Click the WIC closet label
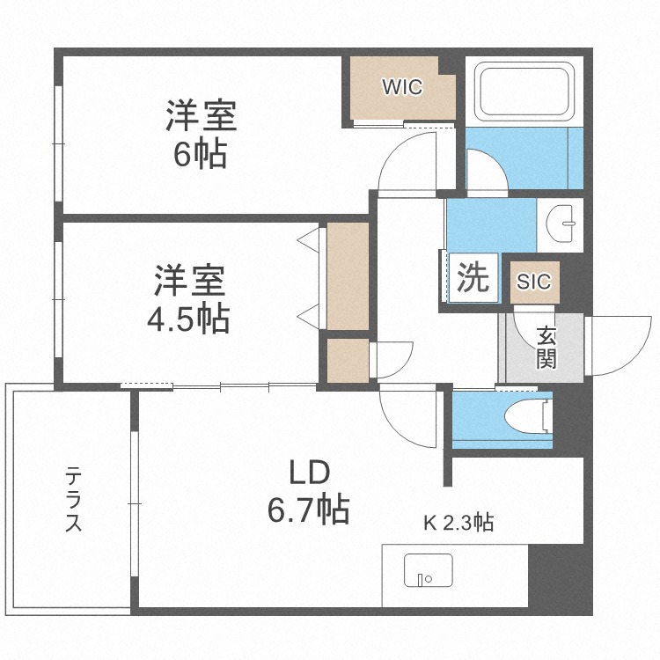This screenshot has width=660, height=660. [x=402, y=87]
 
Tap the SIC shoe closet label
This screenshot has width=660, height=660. [x=533, y=282]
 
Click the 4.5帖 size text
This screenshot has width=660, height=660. [x=187, y=318]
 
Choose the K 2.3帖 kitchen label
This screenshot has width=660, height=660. [x=458, y=524]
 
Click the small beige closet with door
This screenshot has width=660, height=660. [x=346, y=361]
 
